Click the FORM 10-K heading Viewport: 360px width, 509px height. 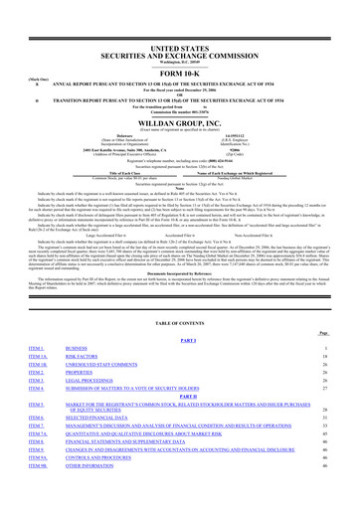point(180,46)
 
